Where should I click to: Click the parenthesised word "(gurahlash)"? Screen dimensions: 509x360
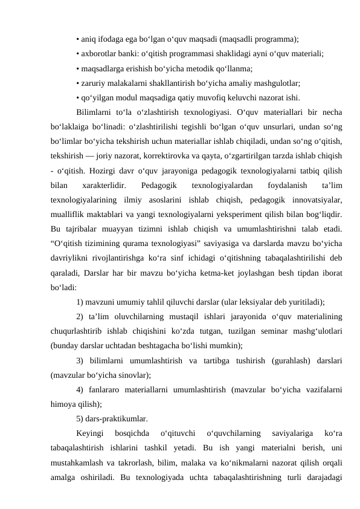click(x=273, y=363)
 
